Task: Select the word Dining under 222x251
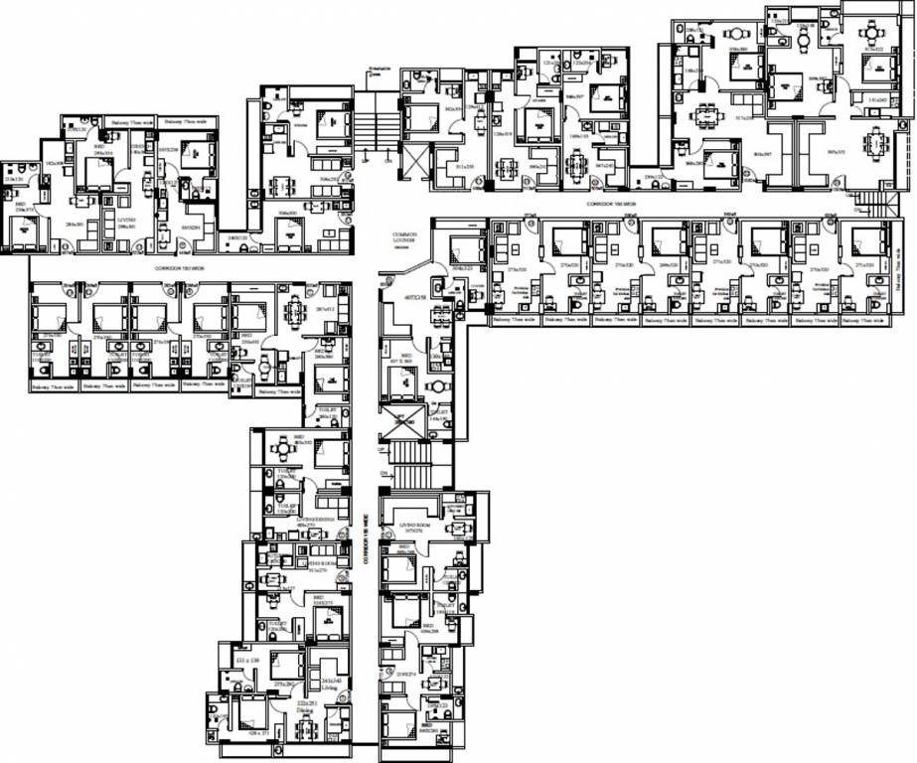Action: click(307, 710)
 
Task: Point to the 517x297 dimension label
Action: click(744, 118)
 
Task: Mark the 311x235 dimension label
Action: click(464, 168)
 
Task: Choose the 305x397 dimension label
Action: click(763, 154)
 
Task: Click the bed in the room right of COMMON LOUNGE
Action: click(464, 248)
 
